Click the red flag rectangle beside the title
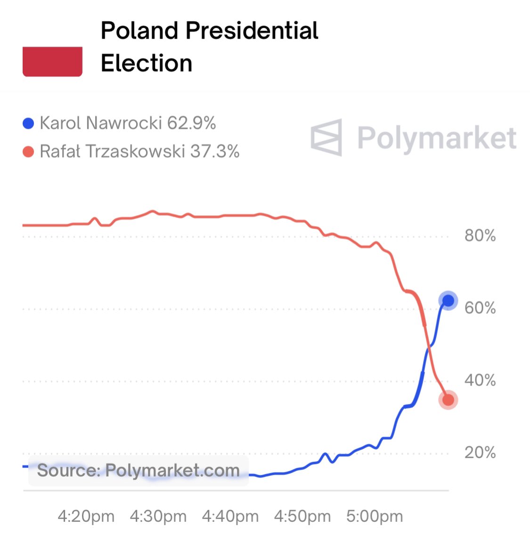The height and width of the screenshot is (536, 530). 52,61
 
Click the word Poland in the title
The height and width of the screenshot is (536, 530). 140,31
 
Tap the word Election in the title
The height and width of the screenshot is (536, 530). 147,63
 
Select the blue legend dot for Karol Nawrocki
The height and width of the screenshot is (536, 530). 28,124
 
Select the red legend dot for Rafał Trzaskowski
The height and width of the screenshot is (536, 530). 28,152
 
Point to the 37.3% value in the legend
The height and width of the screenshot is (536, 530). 215,151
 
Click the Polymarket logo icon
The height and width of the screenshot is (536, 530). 326,137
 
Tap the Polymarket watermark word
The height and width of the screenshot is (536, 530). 436,138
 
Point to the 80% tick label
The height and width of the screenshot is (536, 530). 480,235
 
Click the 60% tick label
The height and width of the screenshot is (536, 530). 480,308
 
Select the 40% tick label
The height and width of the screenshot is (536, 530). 480,380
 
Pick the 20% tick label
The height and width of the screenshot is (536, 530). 480,452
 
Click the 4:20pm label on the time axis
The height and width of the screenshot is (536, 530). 86,516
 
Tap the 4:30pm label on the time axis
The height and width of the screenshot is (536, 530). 158,516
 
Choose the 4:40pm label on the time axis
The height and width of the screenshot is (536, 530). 230,516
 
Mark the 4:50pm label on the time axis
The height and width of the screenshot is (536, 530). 302,516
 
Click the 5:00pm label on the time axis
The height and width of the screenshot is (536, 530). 375,516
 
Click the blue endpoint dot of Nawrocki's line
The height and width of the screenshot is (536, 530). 448,301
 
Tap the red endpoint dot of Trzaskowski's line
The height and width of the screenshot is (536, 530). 448,400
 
